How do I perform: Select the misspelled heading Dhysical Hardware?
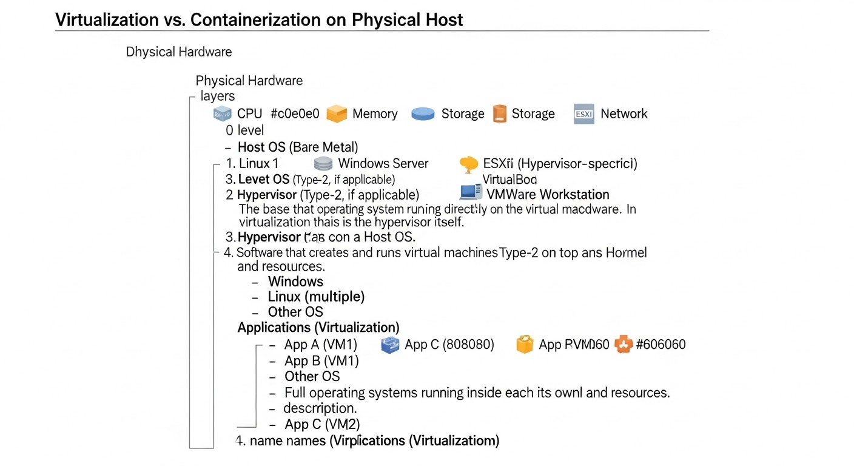179,52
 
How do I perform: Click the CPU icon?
223,114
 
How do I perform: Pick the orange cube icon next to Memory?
337,114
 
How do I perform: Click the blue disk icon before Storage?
423,114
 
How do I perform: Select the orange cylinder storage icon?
499,114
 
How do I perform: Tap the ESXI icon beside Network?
583,114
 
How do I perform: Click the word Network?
624,114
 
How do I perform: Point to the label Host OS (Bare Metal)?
298,147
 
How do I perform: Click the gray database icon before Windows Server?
323,164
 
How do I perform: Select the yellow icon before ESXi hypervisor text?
469,164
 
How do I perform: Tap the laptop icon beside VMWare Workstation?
471,193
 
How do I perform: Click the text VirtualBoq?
509,180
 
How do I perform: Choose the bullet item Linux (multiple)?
316,297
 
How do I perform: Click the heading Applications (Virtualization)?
318,328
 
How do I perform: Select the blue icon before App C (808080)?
389,345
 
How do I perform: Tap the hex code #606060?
661,345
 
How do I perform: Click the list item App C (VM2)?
322,424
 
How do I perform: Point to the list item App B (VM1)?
321,361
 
